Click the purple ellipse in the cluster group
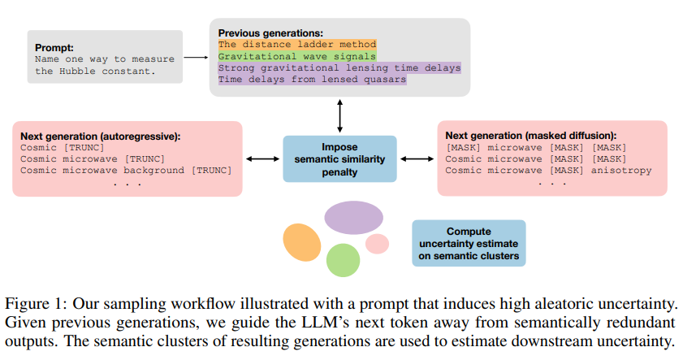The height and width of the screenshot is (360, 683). [354, 218]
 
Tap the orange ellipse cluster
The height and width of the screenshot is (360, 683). [302, 242]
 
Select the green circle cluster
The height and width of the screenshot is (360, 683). [344, 260]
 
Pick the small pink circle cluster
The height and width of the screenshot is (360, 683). [377, 244]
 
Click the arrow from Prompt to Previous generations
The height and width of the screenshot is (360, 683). [196, 57]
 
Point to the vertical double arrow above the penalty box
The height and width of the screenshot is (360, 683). [339, 115]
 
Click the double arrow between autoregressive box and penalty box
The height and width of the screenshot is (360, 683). [262, 159]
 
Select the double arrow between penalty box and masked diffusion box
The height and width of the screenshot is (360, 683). [417, 159]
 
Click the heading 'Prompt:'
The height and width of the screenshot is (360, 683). [54, 47]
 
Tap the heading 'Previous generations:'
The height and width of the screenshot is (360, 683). [270, 33]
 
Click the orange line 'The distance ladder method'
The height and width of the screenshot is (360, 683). [297, 45]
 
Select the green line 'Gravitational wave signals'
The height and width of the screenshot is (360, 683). [297, 56]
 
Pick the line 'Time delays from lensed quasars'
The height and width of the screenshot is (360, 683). [313, 80]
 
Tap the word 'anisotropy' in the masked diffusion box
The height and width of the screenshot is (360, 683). [621, 171]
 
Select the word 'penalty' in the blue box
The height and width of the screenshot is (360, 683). [339, 172]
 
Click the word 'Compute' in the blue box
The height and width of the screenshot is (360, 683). [469, 232]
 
